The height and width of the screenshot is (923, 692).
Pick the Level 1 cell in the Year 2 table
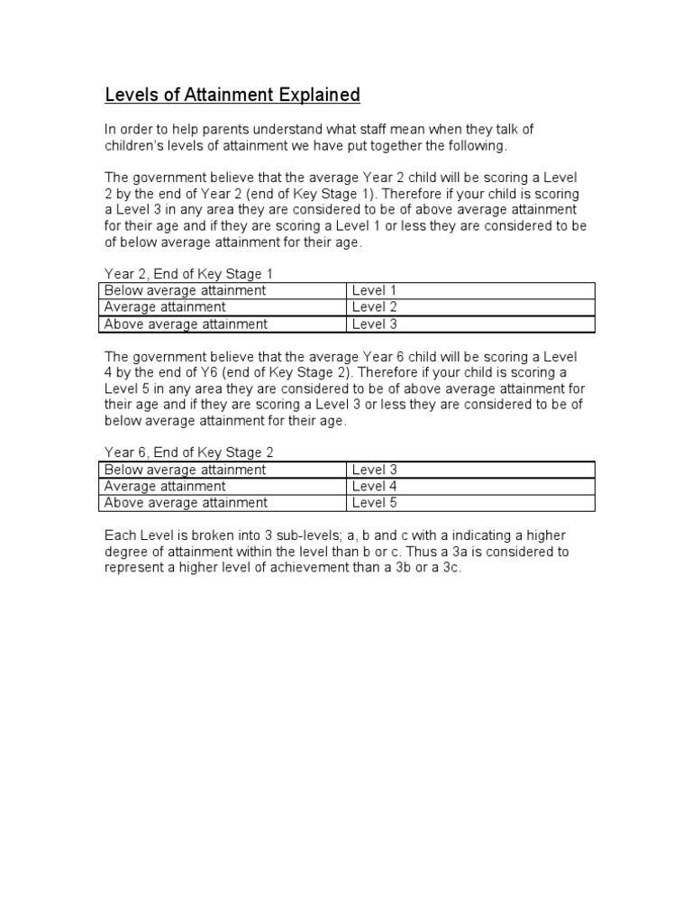click(x=375, y=290)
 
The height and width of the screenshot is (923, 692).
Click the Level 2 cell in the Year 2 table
click(x=375, y=307)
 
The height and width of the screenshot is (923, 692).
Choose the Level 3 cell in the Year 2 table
click(x=375, y=324)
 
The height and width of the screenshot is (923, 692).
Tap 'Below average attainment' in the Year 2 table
click(x=186, y=290)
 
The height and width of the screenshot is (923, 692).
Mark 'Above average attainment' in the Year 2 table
click(x=186, y=324)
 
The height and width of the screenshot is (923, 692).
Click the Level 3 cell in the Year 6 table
click(x=375, y=470)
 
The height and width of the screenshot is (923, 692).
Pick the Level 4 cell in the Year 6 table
click(x=375, y=487)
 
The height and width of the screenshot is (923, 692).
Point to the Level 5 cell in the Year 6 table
click(x=375, y=503)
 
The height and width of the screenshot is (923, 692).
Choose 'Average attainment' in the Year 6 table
click(x=165, y=487)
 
